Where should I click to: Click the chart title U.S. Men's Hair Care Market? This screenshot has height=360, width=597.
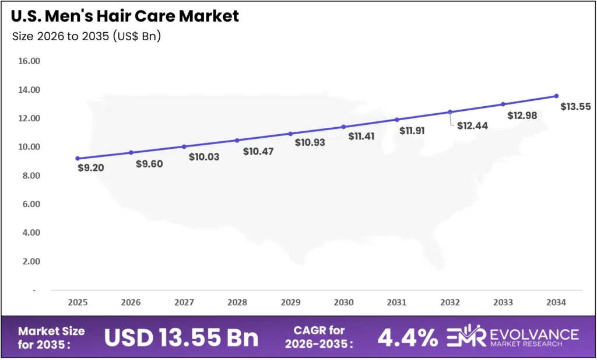pyautogui.click(x=125, y=16)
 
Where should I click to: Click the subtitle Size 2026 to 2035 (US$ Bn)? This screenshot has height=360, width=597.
pyautogui.click(x=86, y=36)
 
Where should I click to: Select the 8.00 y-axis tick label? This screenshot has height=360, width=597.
pyautogui.click(x=29, y=176)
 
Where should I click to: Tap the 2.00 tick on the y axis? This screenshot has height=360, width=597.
pyautogui.click(x=29, y=261)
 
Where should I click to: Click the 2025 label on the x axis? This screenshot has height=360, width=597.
pyautogui.click(x=78, y=303)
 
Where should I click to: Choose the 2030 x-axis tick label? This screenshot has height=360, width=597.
pyautogui.click(x=343, y=303)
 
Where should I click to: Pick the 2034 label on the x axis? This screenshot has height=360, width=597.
pyautogui.click(x=556, y=303)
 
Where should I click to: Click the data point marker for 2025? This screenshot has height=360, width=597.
pyautogui.click(x=78, y=158)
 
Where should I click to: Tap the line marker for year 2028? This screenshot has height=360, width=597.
pyautogui.click(x=237, y=140)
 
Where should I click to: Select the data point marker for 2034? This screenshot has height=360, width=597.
pyautogui.click(x=556, y=96)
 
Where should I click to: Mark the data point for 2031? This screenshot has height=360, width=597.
pyautogui.click(x=397, y=120)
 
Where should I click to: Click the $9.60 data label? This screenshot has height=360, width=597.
pyautogui.click(x=149, y=164)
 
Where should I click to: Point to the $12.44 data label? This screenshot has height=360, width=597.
pyautogui.click(x=472, y=125)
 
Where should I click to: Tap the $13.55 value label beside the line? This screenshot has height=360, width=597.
pyautogui.click(x=575, y=107)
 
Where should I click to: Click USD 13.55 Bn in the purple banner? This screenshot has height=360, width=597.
pyautogui.click(x=181, y=337)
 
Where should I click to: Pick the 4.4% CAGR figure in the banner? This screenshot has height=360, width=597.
pyautogui.click(x=408, y=337)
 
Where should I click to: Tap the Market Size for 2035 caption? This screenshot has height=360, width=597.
pyautogui.click(x=51, y=337)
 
